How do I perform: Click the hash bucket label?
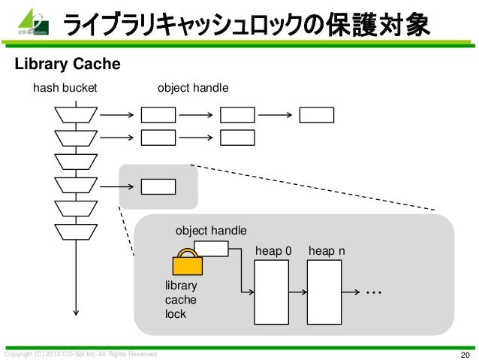[65, 89]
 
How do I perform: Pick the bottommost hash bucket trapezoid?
[76, 231]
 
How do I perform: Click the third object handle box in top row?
[316, 115]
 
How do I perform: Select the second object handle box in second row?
[237, 138]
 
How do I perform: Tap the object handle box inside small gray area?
[158, 186]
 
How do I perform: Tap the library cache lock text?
[181, 301]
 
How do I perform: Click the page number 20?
[464, 354]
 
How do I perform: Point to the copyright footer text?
[81, 353]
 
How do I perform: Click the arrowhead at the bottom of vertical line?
[76, 315]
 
